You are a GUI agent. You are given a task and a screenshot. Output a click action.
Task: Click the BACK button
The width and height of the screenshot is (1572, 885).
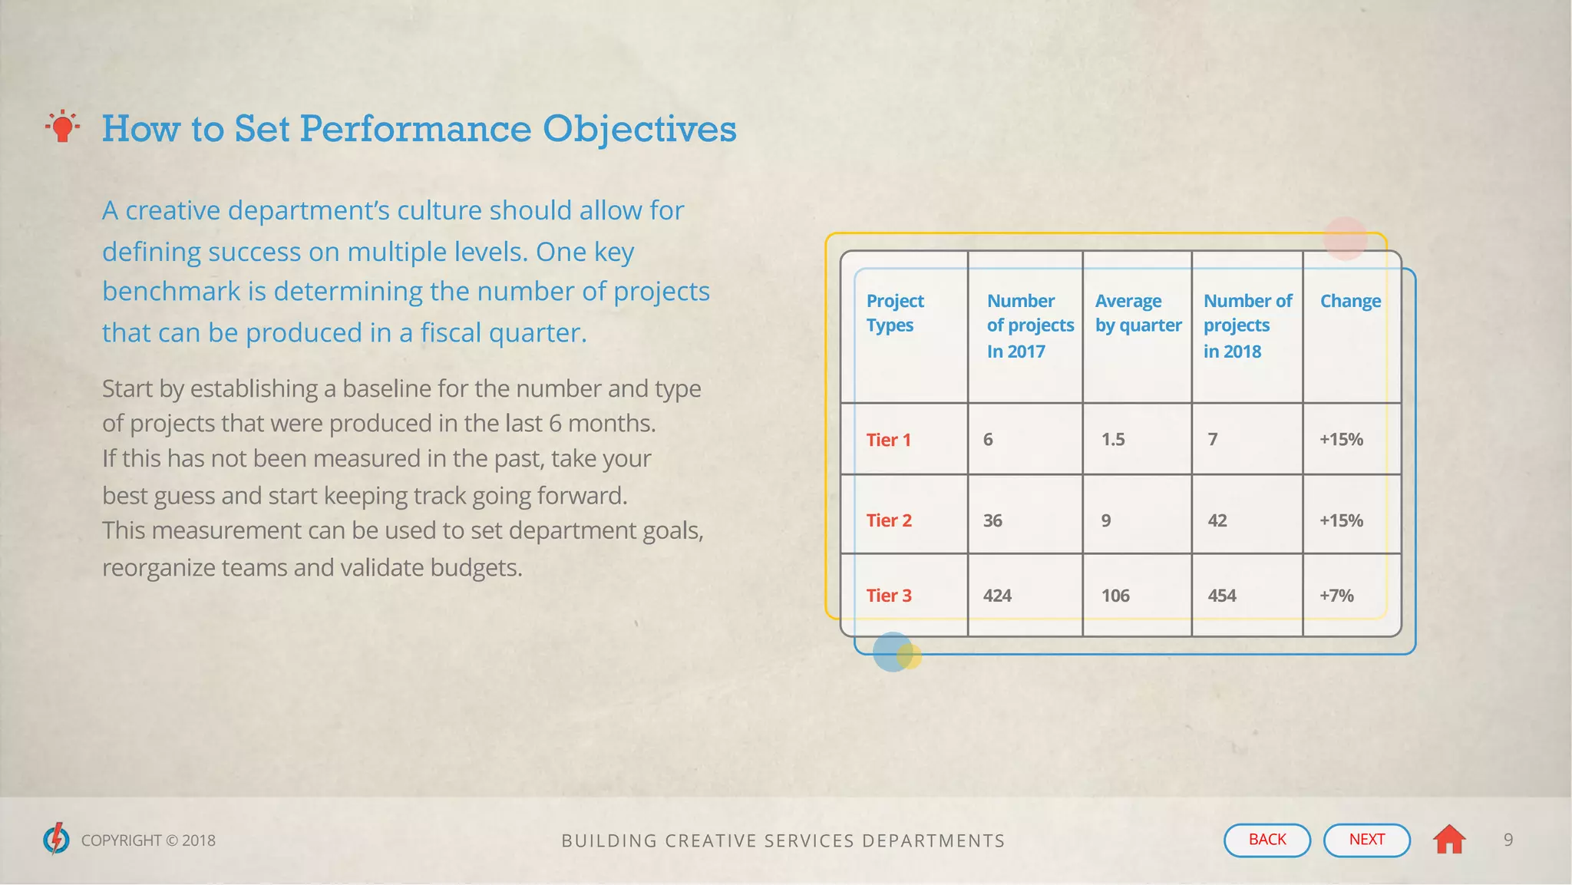click(x=1267, y=840)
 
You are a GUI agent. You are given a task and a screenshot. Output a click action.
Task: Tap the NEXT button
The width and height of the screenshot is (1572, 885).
click(x=1366, y=840)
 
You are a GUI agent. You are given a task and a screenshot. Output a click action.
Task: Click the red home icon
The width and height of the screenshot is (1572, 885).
click(x=1449, y=839)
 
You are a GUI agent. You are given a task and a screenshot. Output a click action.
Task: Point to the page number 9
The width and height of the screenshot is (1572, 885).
click(x=1508, y=840)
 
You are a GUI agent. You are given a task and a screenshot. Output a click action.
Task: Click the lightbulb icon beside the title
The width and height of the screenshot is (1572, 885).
click(x=63, y=127)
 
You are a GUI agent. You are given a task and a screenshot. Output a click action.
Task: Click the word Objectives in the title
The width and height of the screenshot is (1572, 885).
click(x=639, y=129)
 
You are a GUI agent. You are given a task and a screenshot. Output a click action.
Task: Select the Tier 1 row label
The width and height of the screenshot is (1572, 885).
click(x=888, y=440)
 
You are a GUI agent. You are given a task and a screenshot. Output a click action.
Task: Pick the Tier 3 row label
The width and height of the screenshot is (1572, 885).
click(x=889, y=596)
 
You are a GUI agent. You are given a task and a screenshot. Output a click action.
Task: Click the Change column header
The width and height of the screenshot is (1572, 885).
click(x=1350, y=301)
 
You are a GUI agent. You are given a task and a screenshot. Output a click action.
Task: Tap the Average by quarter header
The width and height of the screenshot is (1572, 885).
click(x=1138, y=313)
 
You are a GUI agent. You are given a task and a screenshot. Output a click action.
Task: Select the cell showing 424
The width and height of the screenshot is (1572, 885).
click(x=997, y=596)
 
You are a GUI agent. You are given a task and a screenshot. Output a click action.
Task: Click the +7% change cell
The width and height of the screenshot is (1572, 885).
click(x=1336, y=596)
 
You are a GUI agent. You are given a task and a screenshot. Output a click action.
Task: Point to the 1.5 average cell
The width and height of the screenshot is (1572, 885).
click(x=1113, y=440)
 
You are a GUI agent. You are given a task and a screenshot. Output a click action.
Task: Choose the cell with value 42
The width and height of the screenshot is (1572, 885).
click(x=1217, y=520)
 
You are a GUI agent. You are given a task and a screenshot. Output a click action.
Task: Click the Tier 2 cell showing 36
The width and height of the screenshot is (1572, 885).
click(x=992, y=520)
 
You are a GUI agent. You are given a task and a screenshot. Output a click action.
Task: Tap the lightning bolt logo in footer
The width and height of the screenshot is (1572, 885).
click(x=56, y=839)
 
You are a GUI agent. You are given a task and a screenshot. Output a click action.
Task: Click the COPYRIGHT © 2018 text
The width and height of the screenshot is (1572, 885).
click(x=148, y=840)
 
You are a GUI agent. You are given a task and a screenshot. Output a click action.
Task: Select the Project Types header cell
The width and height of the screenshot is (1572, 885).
click(x=895, y=313)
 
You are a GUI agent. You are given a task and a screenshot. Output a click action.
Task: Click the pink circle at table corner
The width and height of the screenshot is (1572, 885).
click(x=1345, y=238)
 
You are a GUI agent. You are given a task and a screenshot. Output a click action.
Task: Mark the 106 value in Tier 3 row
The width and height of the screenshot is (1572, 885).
click(x=1115, y=596)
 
